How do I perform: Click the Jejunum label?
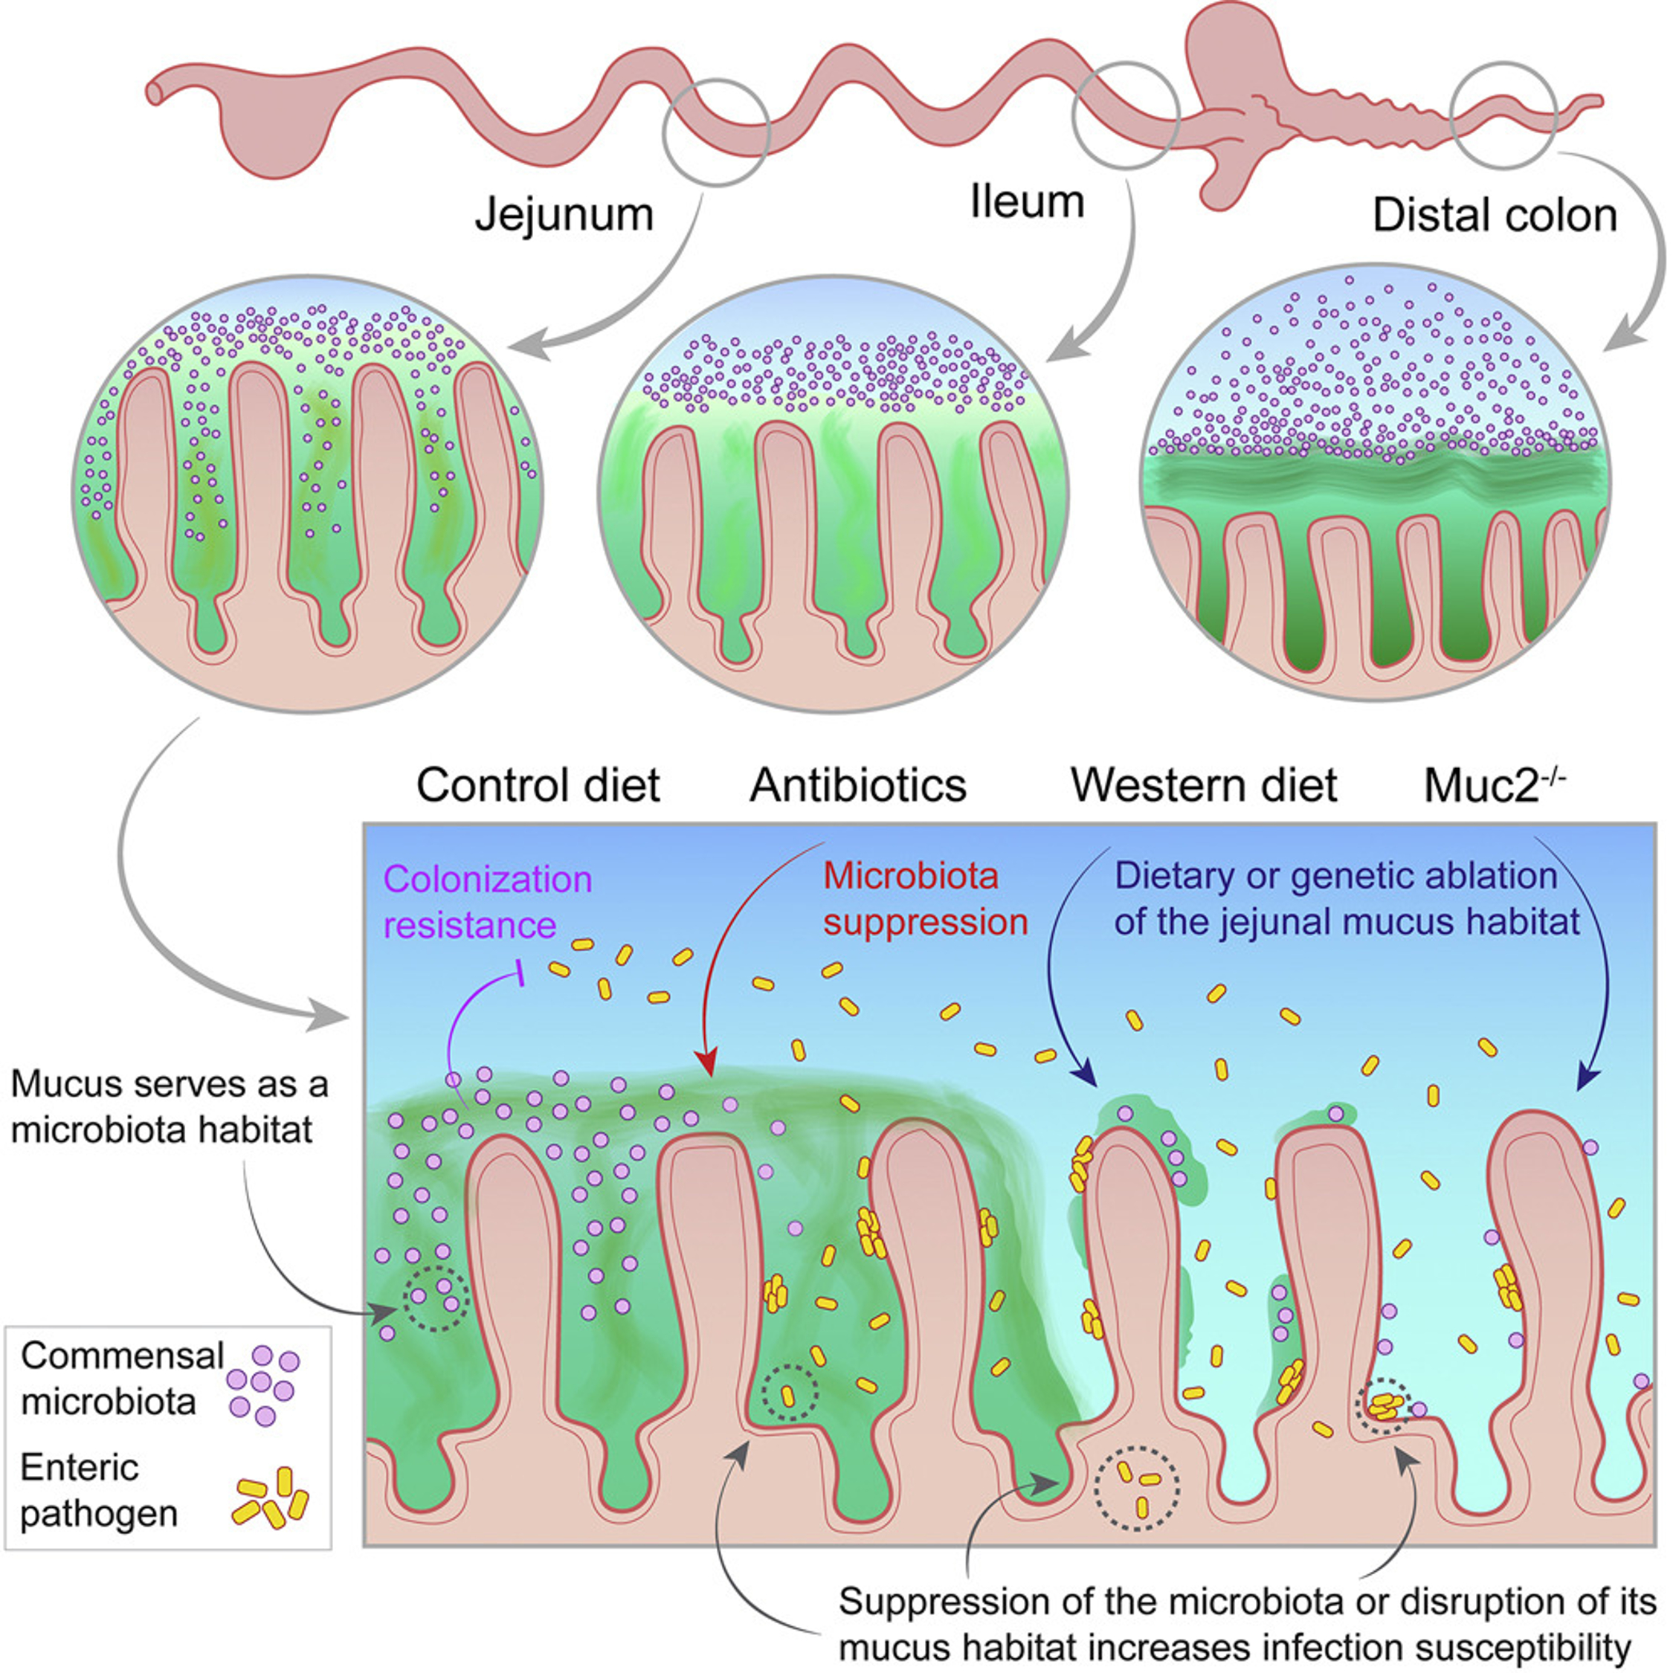pyautogui.click(x=564, y=216)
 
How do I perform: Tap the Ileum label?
pyautogui.click(x=1027, y=202)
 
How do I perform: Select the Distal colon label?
pyautogui.click(x=1495, y=216)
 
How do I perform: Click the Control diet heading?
pyautogui.click(x=538, y=785)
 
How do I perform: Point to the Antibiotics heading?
pyautogui.click(x=858, y=785)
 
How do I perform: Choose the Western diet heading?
pyautogui.click(x=1204, y=785)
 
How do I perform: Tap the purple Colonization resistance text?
pyautogui.click(x=488, y=901)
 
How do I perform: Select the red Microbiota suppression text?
pyautogui.click(x=925, y=900)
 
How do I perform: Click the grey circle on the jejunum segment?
pyautogui.click(x=716, y=132)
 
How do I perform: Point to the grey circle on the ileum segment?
pyautogui.click(x=1126, y=115)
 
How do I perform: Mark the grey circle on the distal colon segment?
pyautogui.click(x=1504, y=115)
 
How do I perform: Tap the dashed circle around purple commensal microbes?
pyautogui.click(x=437, y=1298)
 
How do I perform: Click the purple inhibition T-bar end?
pyautogui.click(x=520, y=973)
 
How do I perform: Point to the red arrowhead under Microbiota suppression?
pyautogui.click(x=707, y=1063)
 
